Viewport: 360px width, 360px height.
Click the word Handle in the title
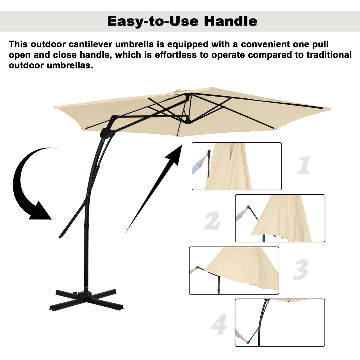click(x=230, y=21)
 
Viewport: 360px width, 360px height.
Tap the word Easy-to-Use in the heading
click(x=153, y=22)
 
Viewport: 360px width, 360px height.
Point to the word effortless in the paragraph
click(x=175, y=55)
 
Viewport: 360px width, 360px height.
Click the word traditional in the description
click(x=329, y=55)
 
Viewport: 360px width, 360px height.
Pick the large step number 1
click(x=304, y=165)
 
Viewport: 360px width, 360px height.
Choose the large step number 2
click(x=212, y=220)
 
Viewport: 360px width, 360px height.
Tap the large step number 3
click(x=301, y=270)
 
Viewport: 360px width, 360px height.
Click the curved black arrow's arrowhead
click(x=40, y=211)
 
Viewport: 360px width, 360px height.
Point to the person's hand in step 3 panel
click(x=196, y=267)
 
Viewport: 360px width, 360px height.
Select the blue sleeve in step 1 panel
click(x=197, y=167)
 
